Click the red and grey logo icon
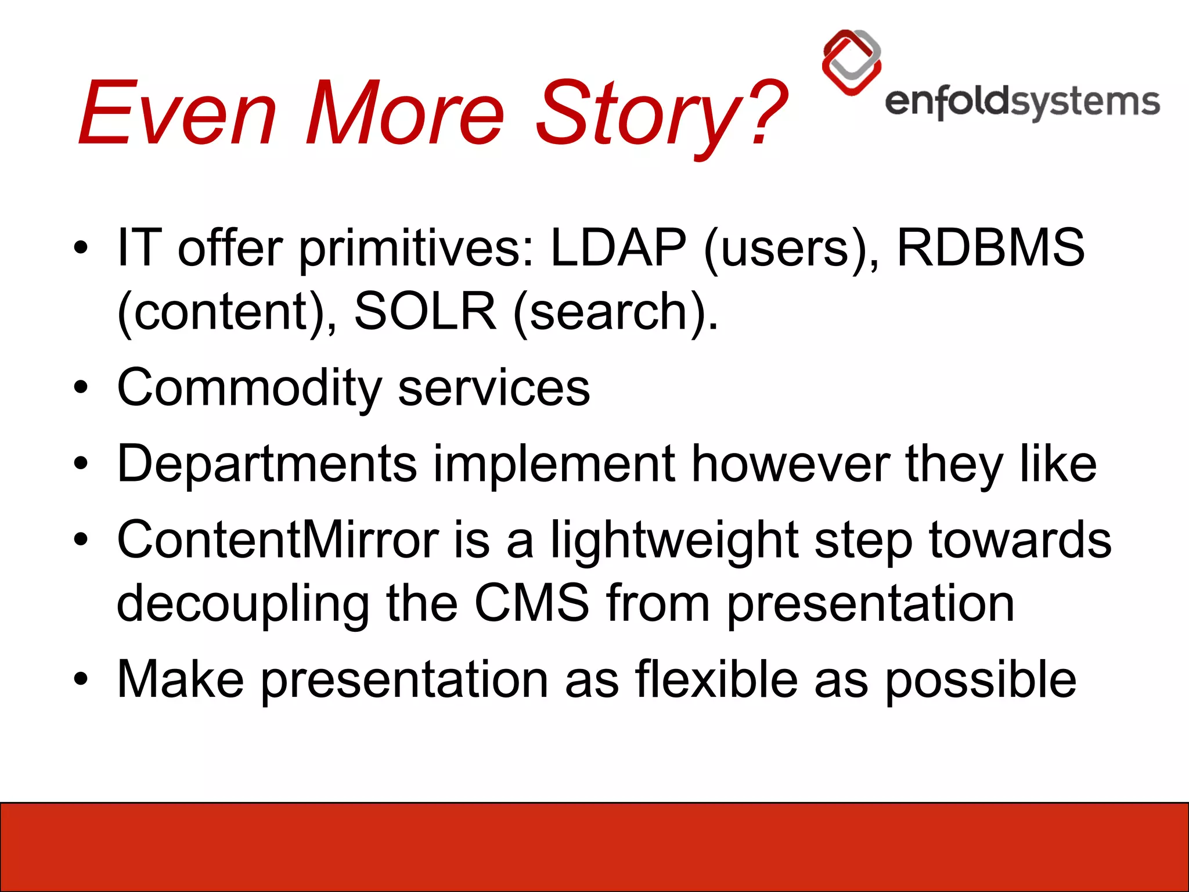851,62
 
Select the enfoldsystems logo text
1022,103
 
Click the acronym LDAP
618,248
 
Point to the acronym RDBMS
990,248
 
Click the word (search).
615,312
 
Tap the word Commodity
249,388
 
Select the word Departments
267,464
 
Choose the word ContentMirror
278,540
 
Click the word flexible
716,679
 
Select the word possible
981,679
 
